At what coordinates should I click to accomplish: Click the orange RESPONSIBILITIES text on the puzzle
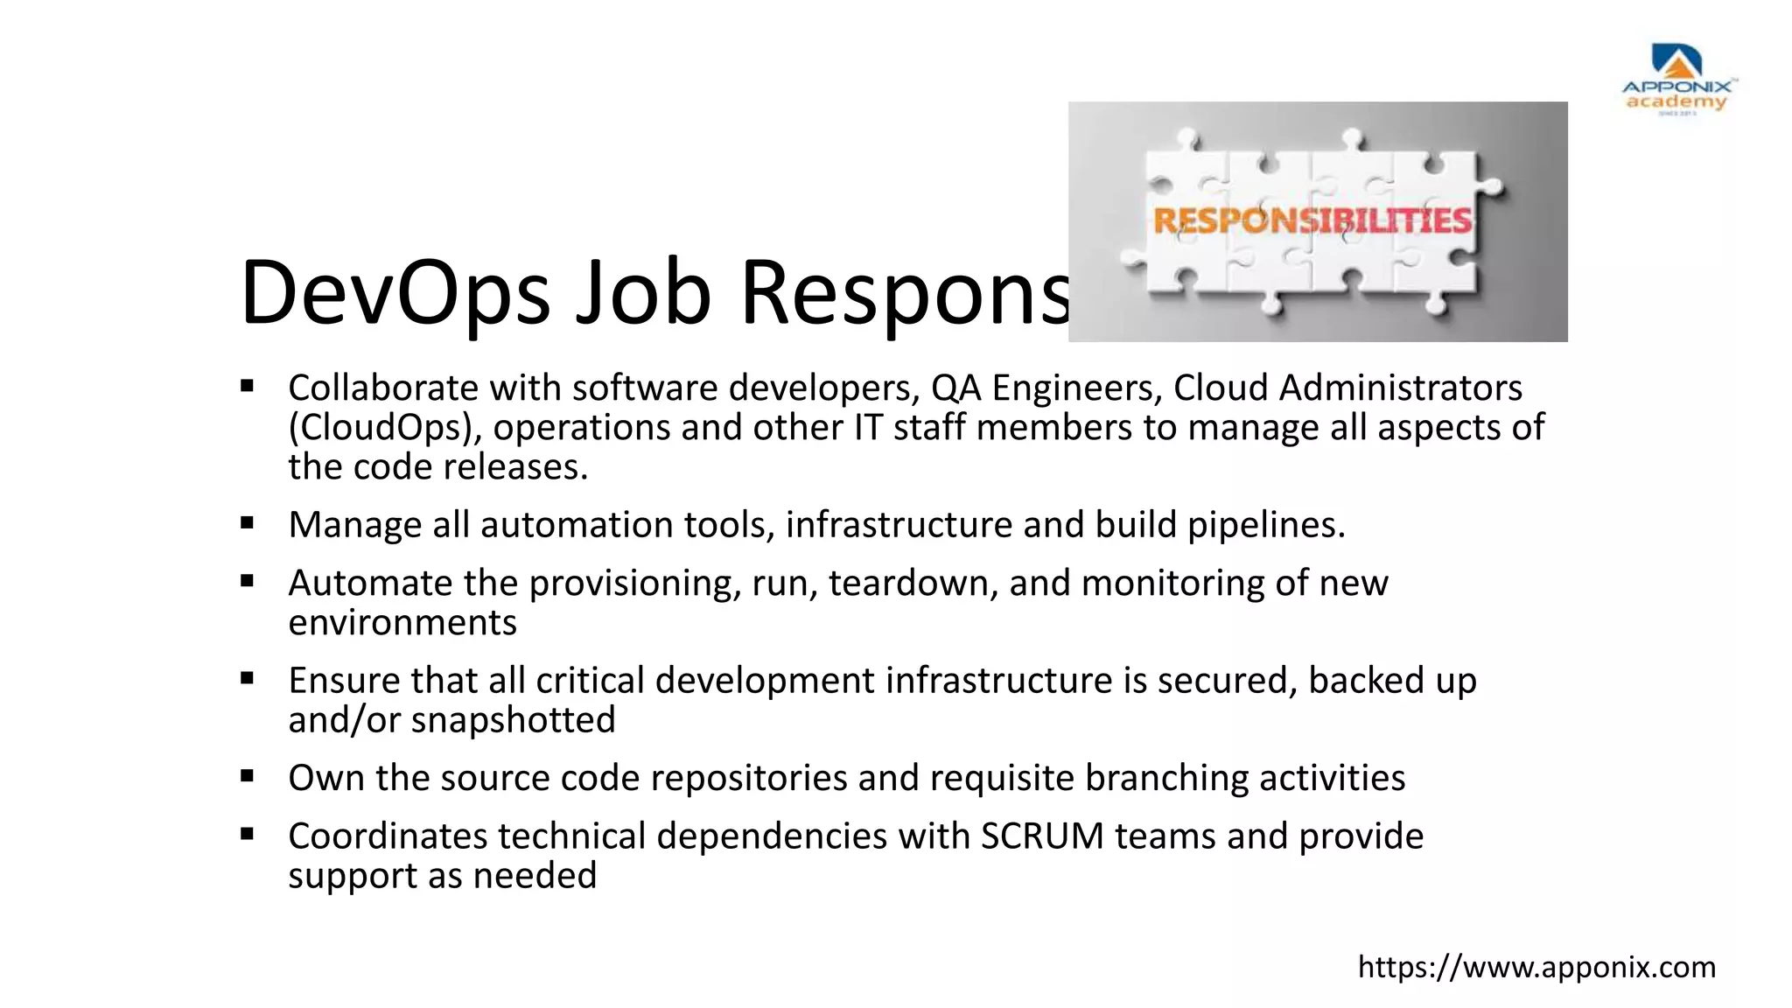click(x=1312, y=221)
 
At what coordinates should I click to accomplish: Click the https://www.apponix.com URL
click(x=1536, y=967)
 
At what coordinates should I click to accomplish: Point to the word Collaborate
click(x=383, y=388)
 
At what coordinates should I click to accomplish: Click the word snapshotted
click(x=514, y=720)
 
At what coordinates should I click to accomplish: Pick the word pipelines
click(x=1265, y=525)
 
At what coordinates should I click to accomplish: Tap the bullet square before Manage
click(x=248, y=523)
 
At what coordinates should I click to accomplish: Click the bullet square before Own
click(x=248, y=776)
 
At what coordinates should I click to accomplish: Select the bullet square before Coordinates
click(x=248, y=834)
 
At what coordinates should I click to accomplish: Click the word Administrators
click(x=1401, y=388)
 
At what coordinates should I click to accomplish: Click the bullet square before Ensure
click(x=248, y=678)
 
